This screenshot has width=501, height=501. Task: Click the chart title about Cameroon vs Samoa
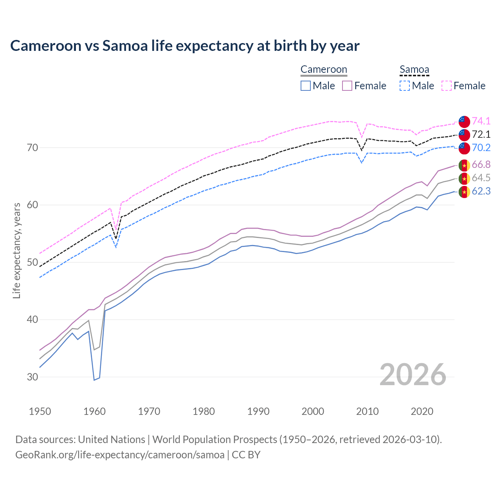pyautogui.click(x=185, y=46)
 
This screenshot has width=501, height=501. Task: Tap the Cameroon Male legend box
pyautogui.click(x=306, y=86)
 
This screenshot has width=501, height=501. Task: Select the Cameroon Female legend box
pyautogui.click(x=348, y=86)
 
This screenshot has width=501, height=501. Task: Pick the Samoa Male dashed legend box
pyautogui.click(x=405, y=86)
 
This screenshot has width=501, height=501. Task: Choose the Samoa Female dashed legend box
pyautogui.click(x=447, y=86)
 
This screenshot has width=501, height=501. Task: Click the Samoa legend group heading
pyautogui.click(x=414, y=70)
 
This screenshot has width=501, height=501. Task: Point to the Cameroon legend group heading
pyautogui.click(x=324, y=70)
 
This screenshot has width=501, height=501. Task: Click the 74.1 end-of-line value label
pyautogui.click(x=481, y=121)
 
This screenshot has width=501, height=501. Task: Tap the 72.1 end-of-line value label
pyautogui.click(x=481, y=135)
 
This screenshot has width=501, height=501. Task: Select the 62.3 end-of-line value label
pyautogui.click(x=481, y=191)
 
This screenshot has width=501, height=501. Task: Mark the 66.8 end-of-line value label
pyautogui.click(x=481, y=165)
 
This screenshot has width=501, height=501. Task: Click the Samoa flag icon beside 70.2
pyautogui.click(x=464, y=148)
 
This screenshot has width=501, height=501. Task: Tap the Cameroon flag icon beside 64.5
pyautogui.click(x=464, y=178)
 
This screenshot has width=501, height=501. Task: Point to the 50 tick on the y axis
pyautogui.click(x=32, y=262)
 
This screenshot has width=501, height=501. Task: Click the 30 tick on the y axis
pyautogui.click(x=32, y=377)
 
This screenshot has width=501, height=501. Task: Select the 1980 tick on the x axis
pyautogui.click(x=204, y=411)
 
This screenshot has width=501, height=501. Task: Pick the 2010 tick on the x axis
pyautogui.click(x=367, y=411)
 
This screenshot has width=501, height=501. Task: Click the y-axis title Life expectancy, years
pyautogui.click(x=17, y=250)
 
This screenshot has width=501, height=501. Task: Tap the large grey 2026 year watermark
pyautogui.click(x=413, y=375)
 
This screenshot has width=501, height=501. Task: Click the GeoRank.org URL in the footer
pyautogui.click(x=120, y=455)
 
